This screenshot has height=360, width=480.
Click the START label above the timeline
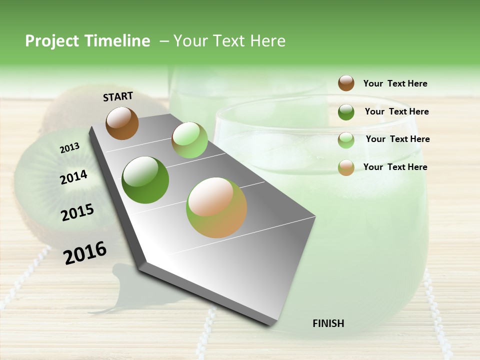pyautogui.click(x=118, y=96)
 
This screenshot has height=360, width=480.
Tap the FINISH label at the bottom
pyautogui.click(x=328, y=323)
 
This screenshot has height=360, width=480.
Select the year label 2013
pyautogui.click(x=69, y=148)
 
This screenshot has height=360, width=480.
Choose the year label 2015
pyautogui.click(x=77, y=212)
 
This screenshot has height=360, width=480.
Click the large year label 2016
pyautogui.click(x=85, y=253)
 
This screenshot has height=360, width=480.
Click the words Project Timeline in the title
pyautogui.click(x=87, y=41)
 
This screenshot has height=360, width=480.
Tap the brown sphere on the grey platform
pyautogui.click(x=122, y=123)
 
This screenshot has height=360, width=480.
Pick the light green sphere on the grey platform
pyautogui.click(x=189, y=140)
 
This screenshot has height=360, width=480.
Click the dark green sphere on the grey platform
pyautogui.click(x=145, y=180)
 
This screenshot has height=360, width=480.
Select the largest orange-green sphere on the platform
pyautogui.click(x=216, y=207)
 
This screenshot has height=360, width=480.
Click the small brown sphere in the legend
pyautogui.click(x=346, y=83)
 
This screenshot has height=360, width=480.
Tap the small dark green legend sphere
pyautogui.click(x=346, y=112)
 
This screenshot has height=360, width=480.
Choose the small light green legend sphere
pyautogui.click(x=346, y=140)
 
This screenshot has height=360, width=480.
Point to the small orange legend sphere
pyautogui.click(x=346, y=167)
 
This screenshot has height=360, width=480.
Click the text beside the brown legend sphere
pyautogui.click(x=395, y=83)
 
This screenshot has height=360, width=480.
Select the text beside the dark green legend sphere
pyautogui.click(x=396, y=111)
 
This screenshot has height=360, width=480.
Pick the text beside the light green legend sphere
pyautogui.click(x=397, y=139)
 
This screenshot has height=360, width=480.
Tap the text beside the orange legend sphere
pyautogui.click(x=395, y=167)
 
